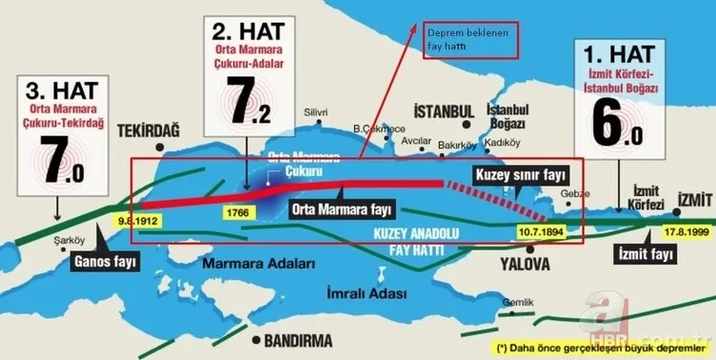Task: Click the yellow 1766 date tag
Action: tap(237, 212)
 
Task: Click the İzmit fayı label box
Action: tap(646, 255)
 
